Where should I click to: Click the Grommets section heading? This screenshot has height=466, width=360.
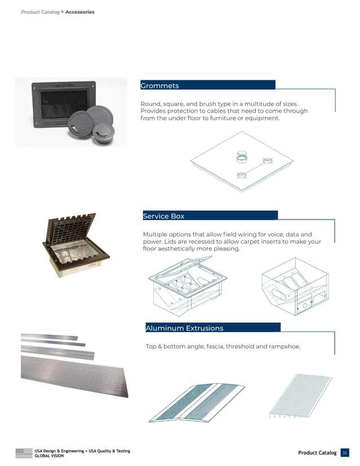pos(160,86)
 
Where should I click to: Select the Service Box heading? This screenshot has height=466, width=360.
pos(164,216)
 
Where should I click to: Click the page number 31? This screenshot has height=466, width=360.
pos(345,452)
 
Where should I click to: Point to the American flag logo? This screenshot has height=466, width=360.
pos(24,453)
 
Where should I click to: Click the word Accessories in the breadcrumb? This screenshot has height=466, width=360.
pos(79,12)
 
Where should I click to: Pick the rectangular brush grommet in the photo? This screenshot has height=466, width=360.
pos(60,104)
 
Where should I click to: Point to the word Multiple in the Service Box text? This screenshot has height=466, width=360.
pos(158,234)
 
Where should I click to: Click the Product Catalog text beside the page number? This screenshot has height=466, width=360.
pos(317,453)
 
